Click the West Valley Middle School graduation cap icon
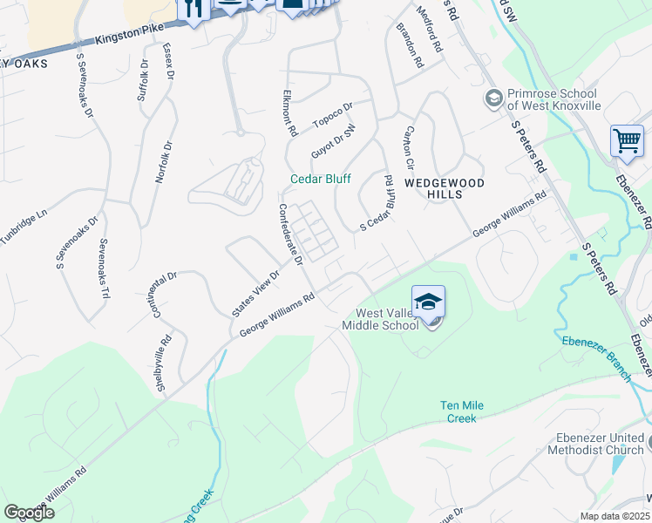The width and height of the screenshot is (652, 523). click(x=428, y=302)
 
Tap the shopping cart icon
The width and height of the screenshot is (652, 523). click(x=627, y=140)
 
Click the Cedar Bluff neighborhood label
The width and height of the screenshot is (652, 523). click(x=321, y=179)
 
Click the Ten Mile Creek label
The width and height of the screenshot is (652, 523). click(x=462, y=412)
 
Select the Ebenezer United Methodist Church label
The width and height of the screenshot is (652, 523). click(x=596, y=445)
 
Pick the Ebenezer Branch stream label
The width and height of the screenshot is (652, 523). click(x=596, y=357)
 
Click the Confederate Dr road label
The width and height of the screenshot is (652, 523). click(x=289, y=234)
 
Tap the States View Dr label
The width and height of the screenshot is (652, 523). click(x=255, y=294)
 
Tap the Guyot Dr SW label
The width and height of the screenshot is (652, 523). click(x=334, y=142)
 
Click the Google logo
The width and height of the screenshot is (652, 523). click(x=30, y=512)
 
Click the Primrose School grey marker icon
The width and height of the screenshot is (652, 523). click(x=493, y=97)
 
